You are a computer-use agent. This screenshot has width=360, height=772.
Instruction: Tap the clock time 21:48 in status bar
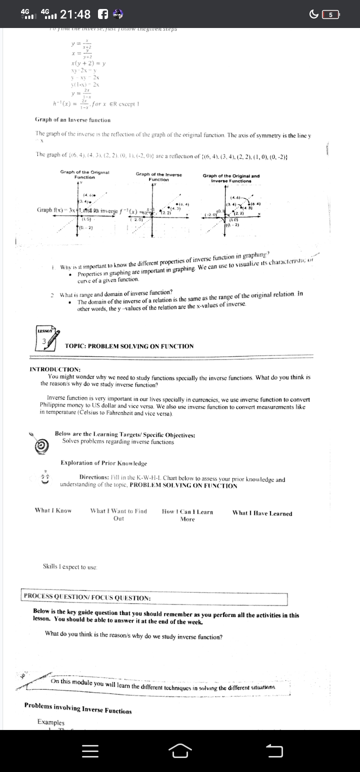[75, 14]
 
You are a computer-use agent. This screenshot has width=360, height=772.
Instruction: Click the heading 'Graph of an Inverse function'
[72, 120]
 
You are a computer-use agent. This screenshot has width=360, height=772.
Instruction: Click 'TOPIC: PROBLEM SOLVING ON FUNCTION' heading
[129, 346]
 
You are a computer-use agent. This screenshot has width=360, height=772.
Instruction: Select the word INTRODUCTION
[55, 369]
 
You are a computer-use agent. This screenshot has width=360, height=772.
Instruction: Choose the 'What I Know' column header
[53, 496]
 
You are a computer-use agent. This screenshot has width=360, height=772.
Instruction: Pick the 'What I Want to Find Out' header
[118, 500]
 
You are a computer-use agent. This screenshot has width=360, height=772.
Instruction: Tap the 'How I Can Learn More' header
[187, 501]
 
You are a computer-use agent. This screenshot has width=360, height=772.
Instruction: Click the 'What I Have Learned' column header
[262, 499]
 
